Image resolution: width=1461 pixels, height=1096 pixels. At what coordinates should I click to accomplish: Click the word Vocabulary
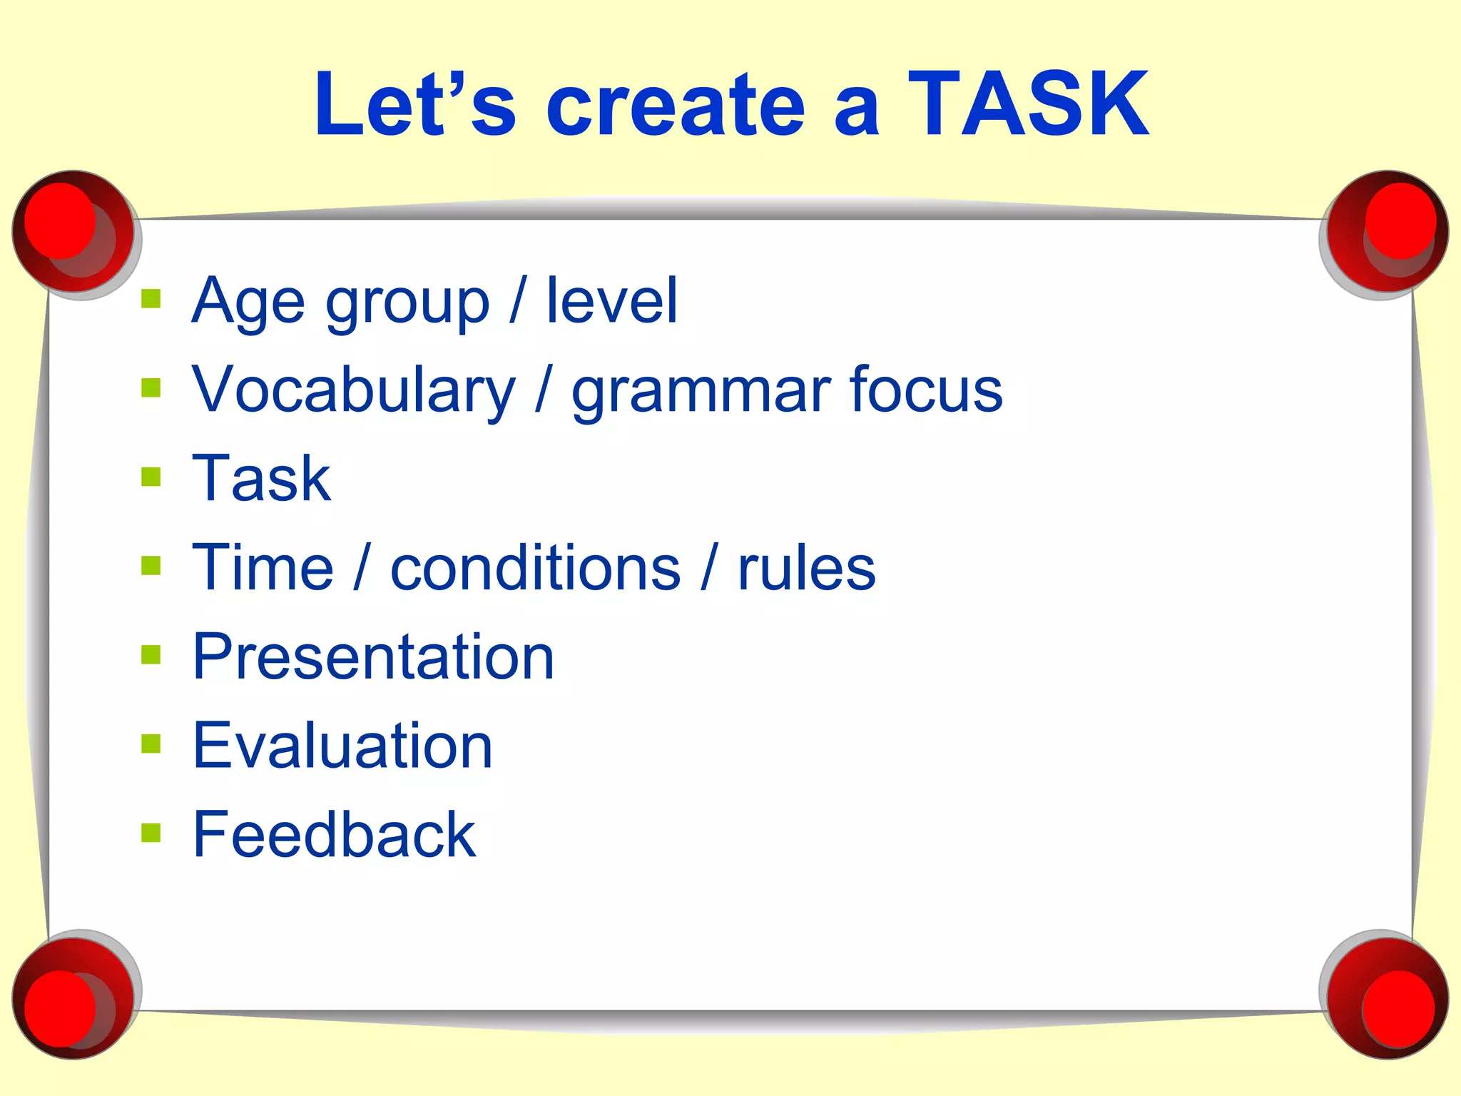(x=353, y=391)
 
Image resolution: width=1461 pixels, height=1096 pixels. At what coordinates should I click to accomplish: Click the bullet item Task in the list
(x=261, y=478)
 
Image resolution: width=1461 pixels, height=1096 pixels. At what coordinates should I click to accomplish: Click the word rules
(x=806, y=569)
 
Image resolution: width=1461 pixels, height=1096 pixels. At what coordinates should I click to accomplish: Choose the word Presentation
(x=373, y=656)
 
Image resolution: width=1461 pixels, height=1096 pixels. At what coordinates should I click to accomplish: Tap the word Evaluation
(x=342, y=746)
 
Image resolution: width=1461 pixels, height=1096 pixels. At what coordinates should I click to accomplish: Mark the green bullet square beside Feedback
(x=151, y=833)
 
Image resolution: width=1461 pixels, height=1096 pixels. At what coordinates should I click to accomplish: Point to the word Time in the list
(x=263, y=567)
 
